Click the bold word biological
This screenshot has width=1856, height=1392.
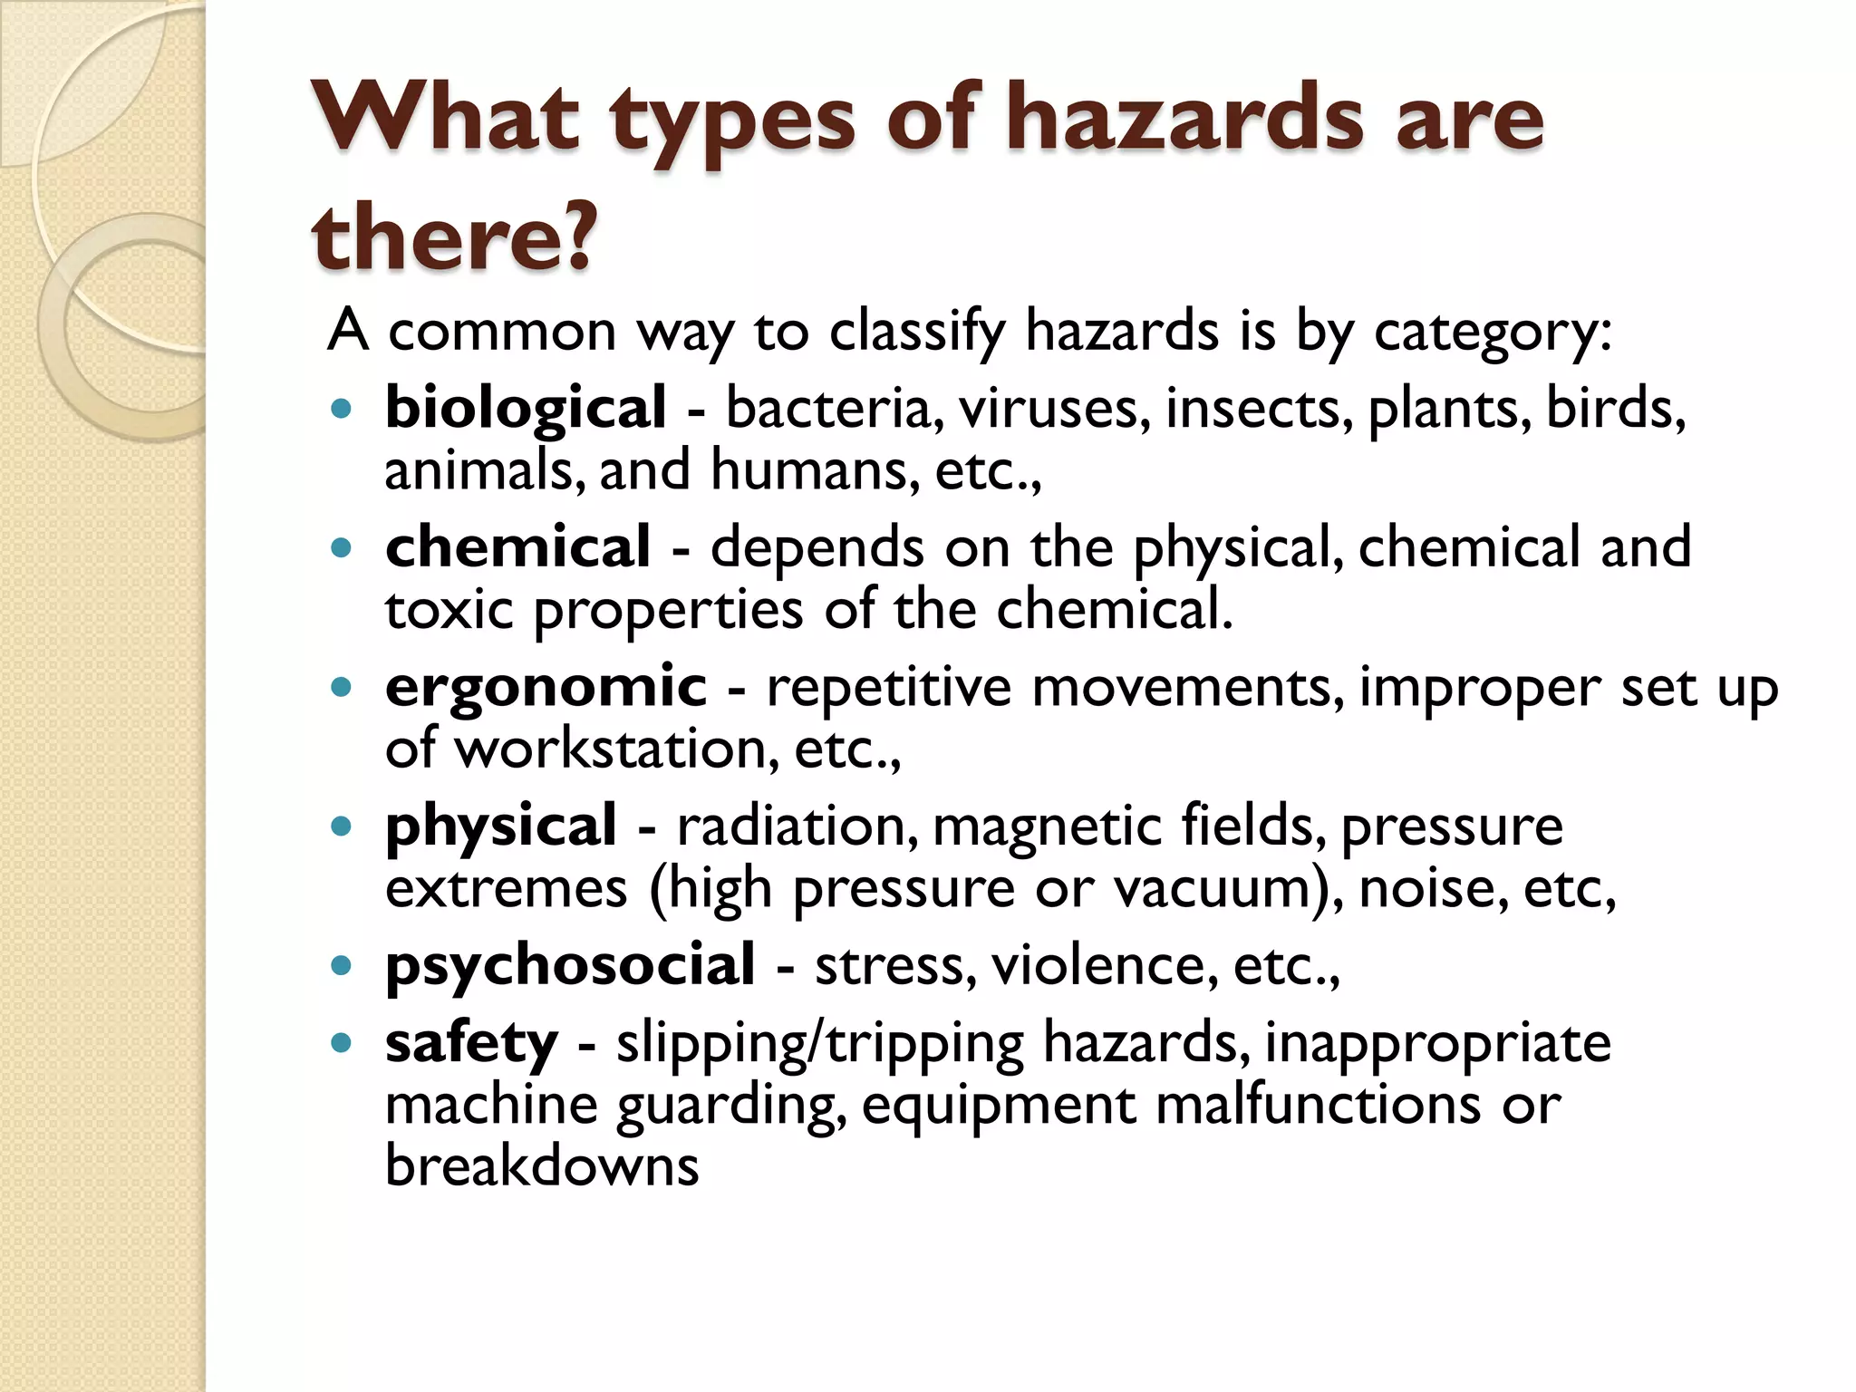click(526, 409)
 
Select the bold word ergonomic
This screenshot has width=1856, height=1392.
click(546, 686)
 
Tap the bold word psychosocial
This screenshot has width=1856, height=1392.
click(570, 964)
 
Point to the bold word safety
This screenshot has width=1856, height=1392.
click(471, 1043)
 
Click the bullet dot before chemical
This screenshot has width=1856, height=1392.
click(341, 548)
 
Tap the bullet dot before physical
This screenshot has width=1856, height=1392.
click(341, 826)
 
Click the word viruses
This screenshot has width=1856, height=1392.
click(1055, 409)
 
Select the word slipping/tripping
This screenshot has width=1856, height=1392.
click(819, 1043)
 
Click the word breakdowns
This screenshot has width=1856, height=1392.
click(542, 1165)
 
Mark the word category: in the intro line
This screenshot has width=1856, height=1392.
click(1493, 332)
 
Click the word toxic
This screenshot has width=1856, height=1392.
click(449, 609)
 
